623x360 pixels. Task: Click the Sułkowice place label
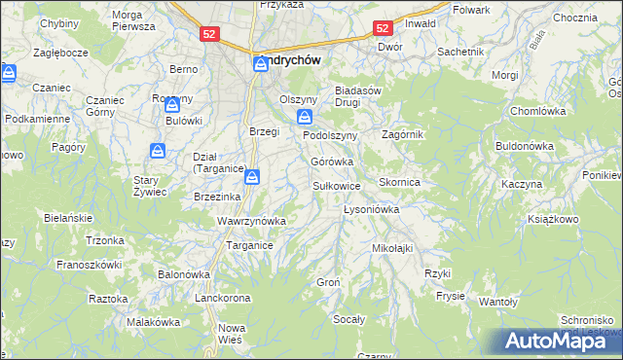pos(337,185)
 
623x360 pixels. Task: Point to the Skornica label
pos(398,182)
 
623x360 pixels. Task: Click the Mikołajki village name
pos(392,248)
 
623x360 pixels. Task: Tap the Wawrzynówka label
pos(251,221)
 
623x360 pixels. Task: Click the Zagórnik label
pos(403,134)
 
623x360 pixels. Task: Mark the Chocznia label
pos(574,18)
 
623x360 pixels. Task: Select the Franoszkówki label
pos(89,264)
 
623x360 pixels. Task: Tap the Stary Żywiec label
pos(151,186)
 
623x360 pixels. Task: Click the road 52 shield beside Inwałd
pos(384,29)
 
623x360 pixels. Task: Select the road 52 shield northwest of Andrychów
pos(210,33)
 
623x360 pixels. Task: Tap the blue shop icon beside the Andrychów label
pos(261,65)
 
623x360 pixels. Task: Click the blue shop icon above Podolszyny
pos(305,117)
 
